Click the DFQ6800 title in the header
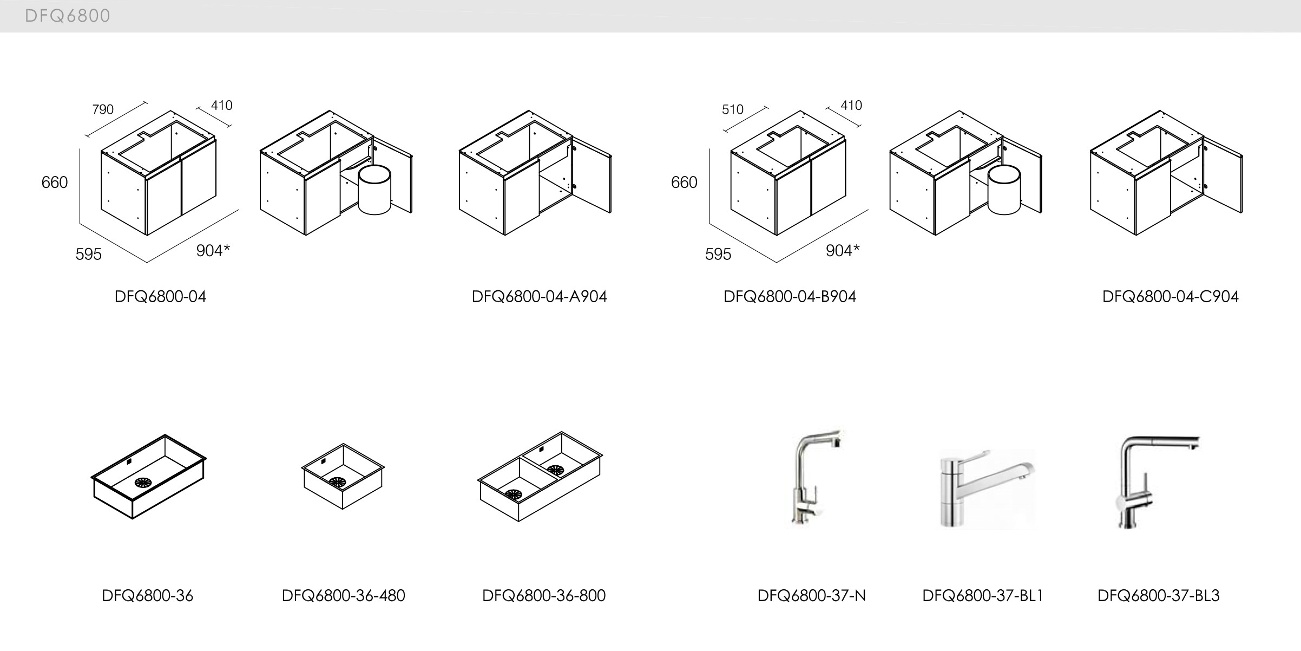(68, 16)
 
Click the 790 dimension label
(103, 110)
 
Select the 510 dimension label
(732, 110)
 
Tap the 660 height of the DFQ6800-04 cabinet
(55, 183)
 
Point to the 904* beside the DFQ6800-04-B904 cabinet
(843, 250)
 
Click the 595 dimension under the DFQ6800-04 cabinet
(89, 254)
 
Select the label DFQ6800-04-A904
(539, 297)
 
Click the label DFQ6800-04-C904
(1170, 297)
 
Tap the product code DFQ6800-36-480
(343, 596)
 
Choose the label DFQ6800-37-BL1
(982, 596)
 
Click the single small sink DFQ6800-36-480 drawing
(343, 476)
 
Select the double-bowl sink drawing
(540, 476)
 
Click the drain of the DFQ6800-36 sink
(144, 484)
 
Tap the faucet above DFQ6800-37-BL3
(1153, 479)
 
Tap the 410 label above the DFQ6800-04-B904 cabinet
(851, 106)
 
